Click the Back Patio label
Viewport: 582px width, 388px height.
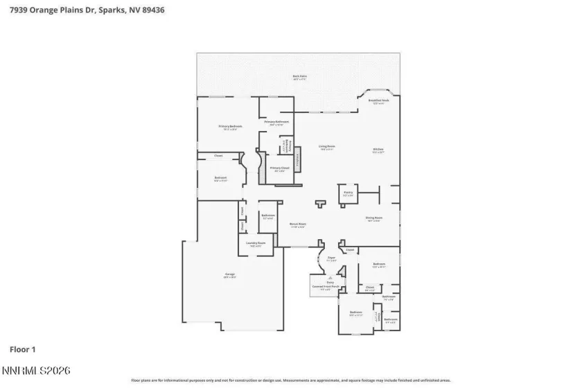pos(299,78)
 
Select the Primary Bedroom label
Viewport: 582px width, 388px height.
pos(230,127)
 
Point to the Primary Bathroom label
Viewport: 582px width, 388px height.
pos(276,123)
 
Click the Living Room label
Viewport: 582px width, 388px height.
pos(326,147)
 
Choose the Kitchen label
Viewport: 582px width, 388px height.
pos(378,150)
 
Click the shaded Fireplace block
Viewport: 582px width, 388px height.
pos(299,161)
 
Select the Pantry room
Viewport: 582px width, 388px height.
pos(348,194)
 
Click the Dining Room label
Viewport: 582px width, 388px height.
pos(374,219)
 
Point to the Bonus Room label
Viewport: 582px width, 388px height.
pos(298,224)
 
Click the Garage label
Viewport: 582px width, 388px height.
pos(229,276)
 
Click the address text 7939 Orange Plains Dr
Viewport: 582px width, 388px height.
pos(48,10)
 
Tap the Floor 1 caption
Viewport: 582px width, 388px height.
pos(22,350)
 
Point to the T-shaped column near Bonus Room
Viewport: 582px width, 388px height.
pos(319,204)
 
